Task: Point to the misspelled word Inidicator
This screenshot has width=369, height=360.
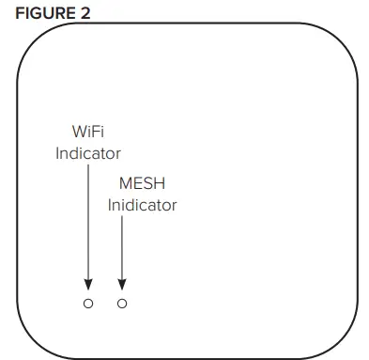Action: point(142,203)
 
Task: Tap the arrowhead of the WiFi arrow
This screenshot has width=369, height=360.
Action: point(87,282)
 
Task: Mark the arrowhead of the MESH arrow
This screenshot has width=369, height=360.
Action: point(122,282)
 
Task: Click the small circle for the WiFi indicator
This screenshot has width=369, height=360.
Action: point(87,304)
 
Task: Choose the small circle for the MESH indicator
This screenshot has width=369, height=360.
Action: point(122,304)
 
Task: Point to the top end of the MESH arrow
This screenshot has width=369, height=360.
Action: point(122,218)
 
